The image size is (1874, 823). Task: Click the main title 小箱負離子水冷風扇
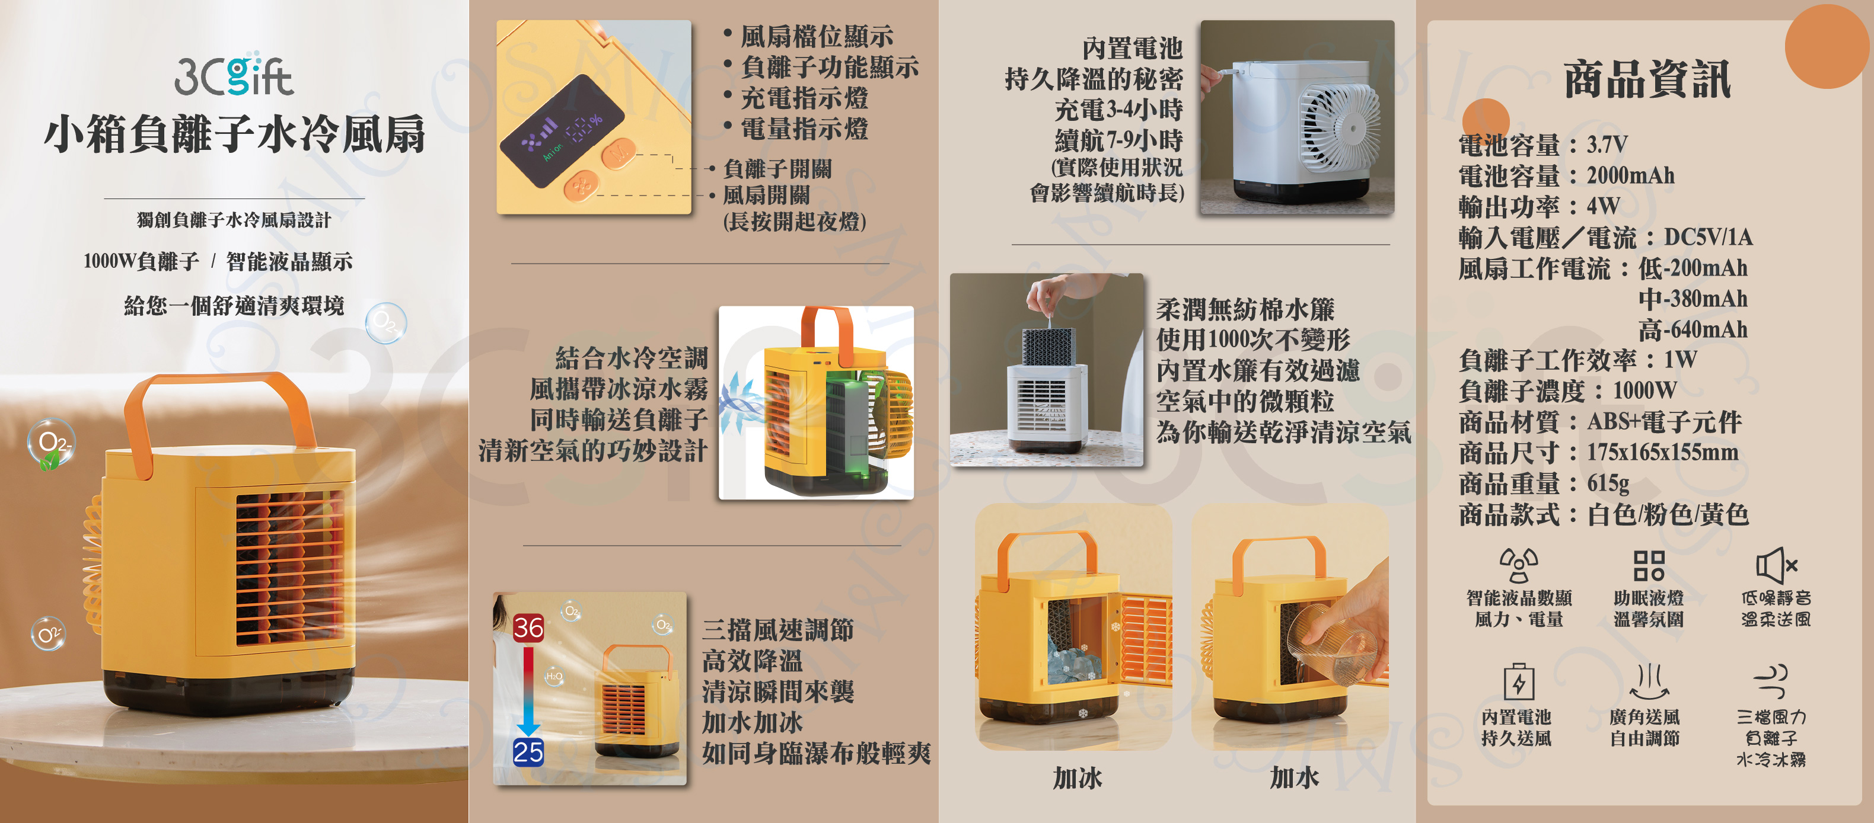pos(234,135)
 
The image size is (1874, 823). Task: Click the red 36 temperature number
pos(528,627)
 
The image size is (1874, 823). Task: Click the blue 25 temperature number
pos(528,752)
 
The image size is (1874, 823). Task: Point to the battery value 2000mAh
pos(1630,175)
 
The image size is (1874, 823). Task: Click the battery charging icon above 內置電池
pos(1518,681)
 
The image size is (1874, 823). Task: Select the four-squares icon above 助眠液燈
pos(1649,565)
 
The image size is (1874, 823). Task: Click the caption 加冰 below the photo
pos(1078,778)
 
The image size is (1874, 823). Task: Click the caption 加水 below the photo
pos(1294,778)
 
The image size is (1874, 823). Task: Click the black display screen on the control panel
pos(562,131)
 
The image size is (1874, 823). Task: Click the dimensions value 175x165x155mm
pos(1662,452)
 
